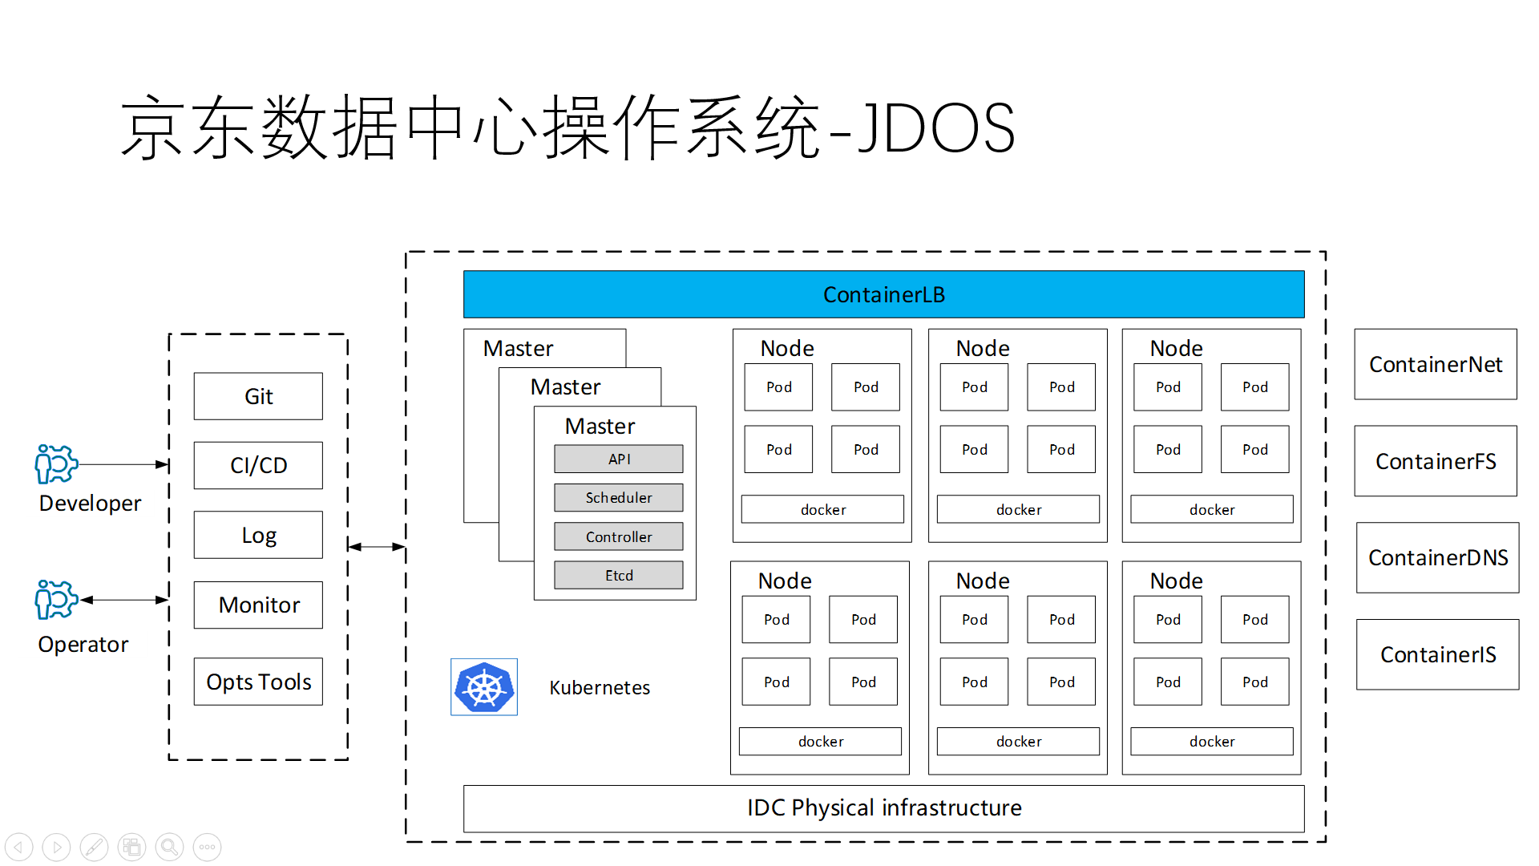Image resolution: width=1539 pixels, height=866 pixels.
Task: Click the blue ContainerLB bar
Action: click(883, 294)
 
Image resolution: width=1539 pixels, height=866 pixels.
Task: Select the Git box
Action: click(258, 396)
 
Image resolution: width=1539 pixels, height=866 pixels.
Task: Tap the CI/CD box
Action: click(258, 465)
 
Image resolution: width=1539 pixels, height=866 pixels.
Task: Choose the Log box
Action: click(258, 535)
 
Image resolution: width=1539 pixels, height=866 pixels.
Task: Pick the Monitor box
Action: click(258, 605)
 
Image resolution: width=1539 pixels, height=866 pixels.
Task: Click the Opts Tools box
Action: click(258, 682)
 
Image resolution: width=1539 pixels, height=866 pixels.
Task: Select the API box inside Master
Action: click(619, 459)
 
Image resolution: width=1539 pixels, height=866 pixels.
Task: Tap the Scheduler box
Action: click(619, 497)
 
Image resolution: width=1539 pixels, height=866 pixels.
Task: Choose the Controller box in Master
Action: click(619, 536)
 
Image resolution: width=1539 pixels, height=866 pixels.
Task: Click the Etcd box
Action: click(619, 575)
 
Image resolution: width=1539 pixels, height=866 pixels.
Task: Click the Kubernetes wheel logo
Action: click(484, 687)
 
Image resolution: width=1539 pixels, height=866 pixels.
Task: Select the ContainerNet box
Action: click(1436, 364)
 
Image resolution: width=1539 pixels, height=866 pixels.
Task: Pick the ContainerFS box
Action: click(1436, 461)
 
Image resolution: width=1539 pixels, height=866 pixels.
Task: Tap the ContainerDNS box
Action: click(1438, 557)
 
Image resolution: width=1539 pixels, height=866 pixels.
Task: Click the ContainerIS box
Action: click(1438, 654)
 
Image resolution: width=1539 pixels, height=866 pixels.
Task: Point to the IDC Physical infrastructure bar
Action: click(883, 807)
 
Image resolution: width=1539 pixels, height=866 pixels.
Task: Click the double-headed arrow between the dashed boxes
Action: click(377, 547)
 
